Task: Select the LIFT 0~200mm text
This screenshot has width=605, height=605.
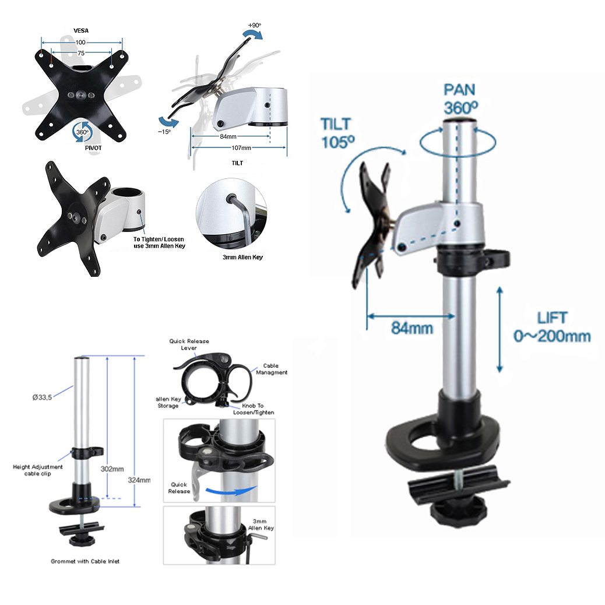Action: pos(551,327)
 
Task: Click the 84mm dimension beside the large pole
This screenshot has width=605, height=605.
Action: pos(411,328)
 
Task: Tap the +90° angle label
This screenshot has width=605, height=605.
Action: pos(255,26)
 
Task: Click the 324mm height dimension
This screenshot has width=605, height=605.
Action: pos(139,480)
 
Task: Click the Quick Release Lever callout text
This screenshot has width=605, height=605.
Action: pos(189,344)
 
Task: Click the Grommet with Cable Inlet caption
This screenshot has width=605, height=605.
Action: pos(85,561)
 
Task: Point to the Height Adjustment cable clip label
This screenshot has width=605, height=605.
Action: pos(38,470)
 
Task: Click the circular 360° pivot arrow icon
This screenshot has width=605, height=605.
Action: pos(82,132)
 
